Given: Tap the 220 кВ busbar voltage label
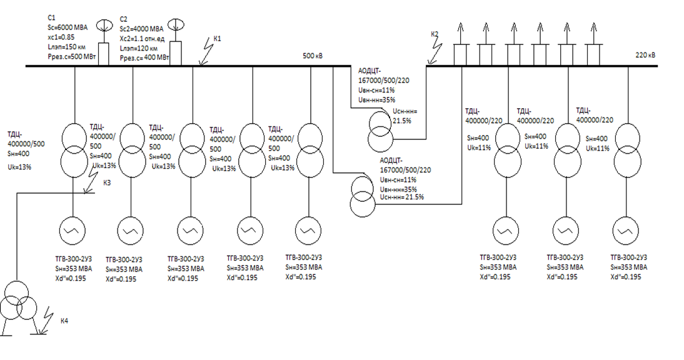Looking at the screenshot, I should [645, 55].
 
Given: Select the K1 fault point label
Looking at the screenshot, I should [218, 39].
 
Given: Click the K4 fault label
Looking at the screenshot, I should [64, 321].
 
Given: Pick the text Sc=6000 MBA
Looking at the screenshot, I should [68, 27].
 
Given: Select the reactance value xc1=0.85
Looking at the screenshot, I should [61, 36].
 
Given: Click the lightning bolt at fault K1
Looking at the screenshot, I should [204, 55].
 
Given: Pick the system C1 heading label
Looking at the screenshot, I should [51, 19].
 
